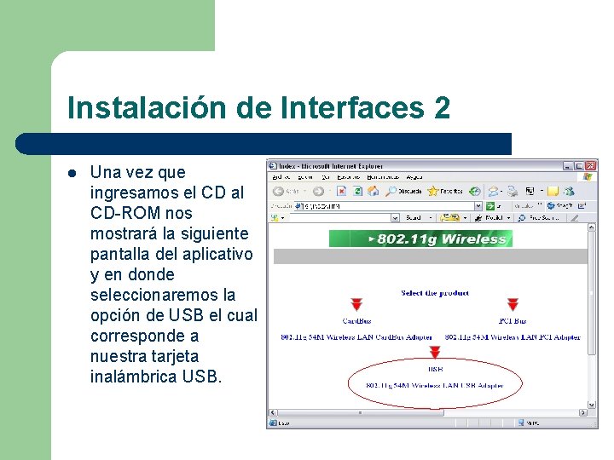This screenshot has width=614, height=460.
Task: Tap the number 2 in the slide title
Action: pos(442,108)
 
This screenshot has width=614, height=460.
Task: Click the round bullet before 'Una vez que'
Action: pos(72,173)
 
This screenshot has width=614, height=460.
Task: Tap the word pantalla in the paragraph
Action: pos(121,254)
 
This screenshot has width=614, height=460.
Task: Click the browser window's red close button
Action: pos(590,166)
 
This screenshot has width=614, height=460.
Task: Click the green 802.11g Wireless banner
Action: pos(420,239)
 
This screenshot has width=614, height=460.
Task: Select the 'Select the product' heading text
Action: pos(434,293)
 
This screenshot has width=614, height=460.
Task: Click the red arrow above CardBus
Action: pos(356,305)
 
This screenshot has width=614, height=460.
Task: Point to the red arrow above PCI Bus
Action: pos(513,305)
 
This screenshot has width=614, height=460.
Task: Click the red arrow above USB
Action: pos(435,352)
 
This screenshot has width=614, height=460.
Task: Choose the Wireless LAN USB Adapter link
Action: pos(434,385)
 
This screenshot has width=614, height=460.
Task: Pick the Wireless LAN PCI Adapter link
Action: pos(513,337)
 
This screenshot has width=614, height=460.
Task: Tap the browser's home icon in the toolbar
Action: pos(375,192)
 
